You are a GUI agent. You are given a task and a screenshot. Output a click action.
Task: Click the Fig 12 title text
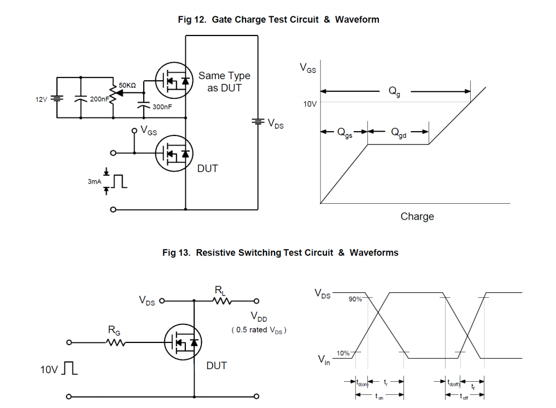(x=278, y=20)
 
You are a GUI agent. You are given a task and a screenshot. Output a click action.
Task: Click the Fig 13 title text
(x=280, y=253)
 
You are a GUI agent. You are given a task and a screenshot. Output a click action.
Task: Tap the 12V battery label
(x=42, y=99)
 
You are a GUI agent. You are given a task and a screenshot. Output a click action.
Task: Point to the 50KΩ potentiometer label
(x=127, y=85)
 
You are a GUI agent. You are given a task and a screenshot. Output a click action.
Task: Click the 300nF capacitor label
(x=162, y=107)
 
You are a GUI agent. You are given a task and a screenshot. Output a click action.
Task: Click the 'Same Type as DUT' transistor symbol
(x=173, y=81)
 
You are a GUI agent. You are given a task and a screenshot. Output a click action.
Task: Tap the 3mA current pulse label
(x=94, y=181)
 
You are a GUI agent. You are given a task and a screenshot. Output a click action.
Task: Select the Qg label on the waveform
(x=394, y=92)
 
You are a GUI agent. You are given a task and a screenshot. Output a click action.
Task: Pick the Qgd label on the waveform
(x=399, y=132)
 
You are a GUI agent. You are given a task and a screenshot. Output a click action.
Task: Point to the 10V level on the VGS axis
(x=310, y=103)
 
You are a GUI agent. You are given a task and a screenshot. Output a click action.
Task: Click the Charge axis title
(x=417, y=217)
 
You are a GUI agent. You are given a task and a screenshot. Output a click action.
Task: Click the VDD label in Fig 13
(x=259, y=317)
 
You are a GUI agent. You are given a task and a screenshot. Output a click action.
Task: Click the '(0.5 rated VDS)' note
(x=259, y=330)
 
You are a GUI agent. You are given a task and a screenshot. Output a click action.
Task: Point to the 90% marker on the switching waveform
(x=355, y=299)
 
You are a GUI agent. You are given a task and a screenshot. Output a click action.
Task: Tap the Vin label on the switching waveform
(x=324, y=359)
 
